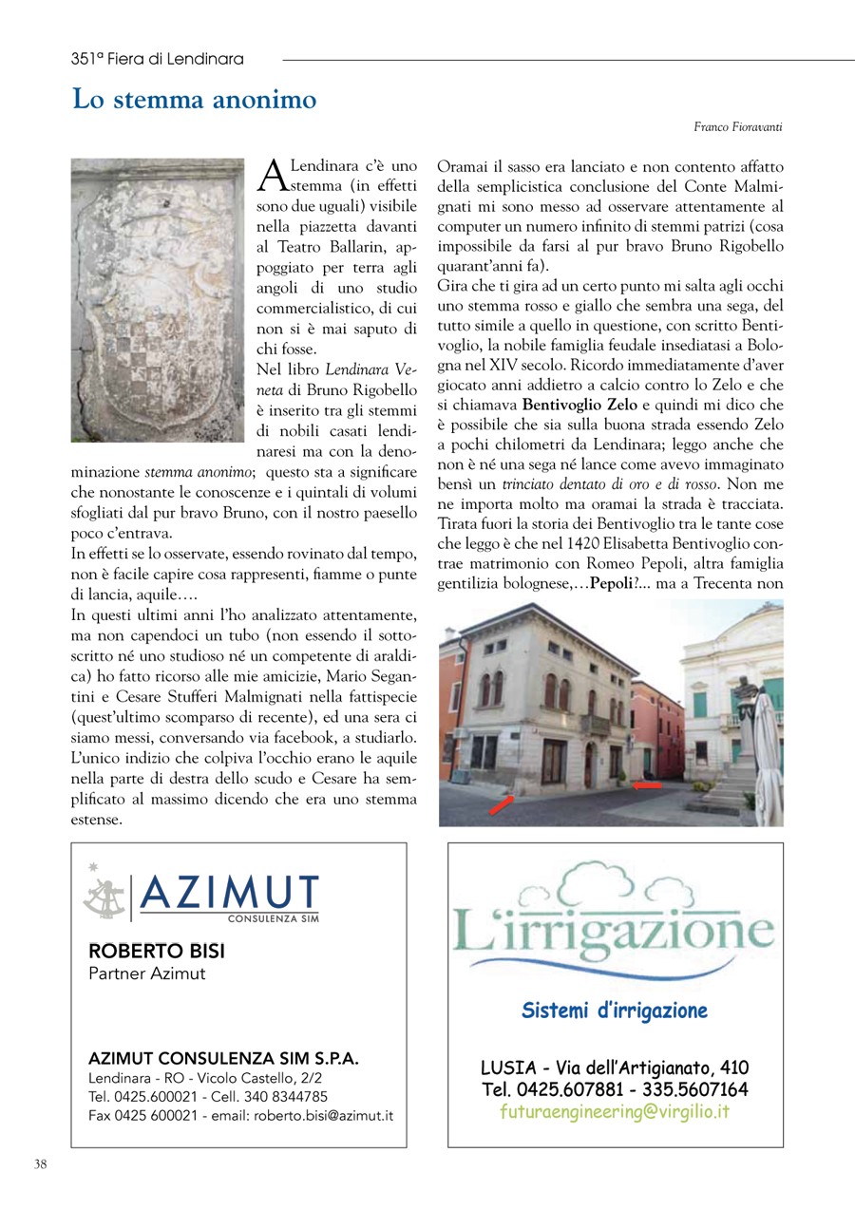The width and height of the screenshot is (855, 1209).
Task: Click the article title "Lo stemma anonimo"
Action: [195, 100]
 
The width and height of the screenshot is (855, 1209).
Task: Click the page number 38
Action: [41, 1164]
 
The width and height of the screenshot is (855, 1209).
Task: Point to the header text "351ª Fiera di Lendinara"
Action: [157, 59]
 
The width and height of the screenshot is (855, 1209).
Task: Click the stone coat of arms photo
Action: [158, 299]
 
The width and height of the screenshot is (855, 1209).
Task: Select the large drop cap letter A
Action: [273, 176]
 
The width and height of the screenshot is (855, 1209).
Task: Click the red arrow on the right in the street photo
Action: [647, 785]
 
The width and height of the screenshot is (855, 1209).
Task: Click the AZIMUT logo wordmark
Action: [229, 893]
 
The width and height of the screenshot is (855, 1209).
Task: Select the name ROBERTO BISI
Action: [157, 951]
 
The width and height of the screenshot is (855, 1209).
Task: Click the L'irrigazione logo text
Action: [615, 928]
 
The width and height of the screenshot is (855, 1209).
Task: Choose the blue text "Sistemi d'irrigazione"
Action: [615, 1010]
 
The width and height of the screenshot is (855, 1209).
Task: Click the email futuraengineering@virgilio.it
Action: [615, 1112]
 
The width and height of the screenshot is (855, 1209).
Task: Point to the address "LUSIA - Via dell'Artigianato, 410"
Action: [615, 1067]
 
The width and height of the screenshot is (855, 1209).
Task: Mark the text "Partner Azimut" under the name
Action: [146, 973]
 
